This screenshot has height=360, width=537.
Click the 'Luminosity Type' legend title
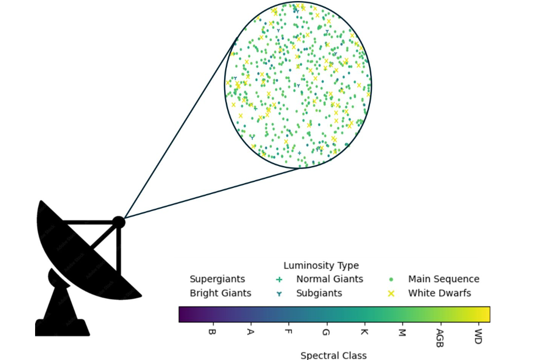pyautogui.click(x=321, y=265)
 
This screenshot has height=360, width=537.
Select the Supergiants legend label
pyautogui.click(x=217, y=279)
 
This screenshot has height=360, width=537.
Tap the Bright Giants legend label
pyautogui.click(x=220, y=293)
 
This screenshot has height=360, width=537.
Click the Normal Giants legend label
pyautogui.click(x=329, y=279)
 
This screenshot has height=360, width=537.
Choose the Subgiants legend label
pyautogui.click(x=319, y=293)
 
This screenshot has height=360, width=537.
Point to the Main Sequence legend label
pyautogui.click(x=444, y=279)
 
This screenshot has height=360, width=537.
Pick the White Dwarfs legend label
pyautogui.click(x=439, y=293)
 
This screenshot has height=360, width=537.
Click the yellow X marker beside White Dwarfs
pyautogui.click(x=391, y=293)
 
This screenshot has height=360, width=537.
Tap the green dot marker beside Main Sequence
pyautogui.click(x=391, y=279)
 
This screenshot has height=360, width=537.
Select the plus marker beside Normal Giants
pyautogui.click(x=279, y=279)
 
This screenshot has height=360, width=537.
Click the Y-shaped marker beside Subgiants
pyautogui.click(x=279, y=294)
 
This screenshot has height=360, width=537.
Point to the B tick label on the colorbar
pyautogui.click(x=212, y=332)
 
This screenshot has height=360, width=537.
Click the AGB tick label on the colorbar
pyautogui.click(x=440, y=338)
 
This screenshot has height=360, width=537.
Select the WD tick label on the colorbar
pyautogui.click(x=478, y=336)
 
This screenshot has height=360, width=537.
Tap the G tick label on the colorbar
pyautogui.click(x=326, y=332)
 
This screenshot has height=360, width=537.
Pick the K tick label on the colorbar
pyautogui.click(x=364, y=332)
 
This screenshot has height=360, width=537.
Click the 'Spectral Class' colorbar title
pyautogui.click(x=333, y=355)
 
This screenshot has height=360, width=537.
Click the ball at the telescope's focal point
pyautogui.click(x=118, y=222)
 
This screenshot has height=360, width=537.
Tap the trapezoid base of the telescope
pyautogui.click(x=62, y=327)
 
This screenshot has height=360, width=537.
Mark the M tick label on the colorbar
pyautogui.click(x=402, y=332)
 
